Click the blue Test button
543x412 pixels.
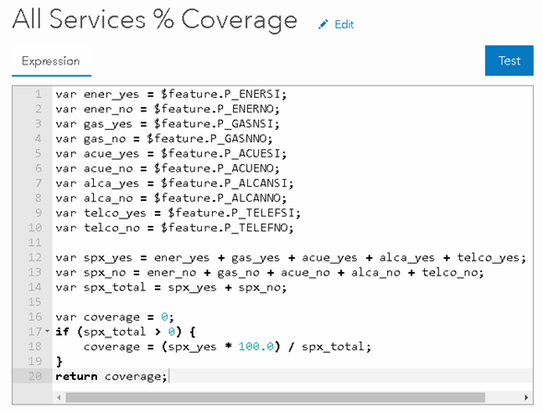click(509, 61)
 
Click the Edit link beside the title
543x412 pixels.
click(344, 25)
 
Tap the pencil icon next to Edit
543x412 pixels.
click(323, 24)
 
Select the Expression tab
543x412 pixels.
click(51, 61)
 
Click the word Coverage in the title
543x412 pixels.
click(239, 20)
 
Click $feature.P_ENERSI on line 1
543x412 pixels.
click(224, 94)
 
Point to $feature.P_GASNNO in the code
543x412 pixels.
click(209, 139)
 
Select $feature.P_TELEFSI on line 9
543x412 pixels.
click(234, 213)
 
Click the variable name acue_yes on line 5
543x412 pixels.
click(112, 154)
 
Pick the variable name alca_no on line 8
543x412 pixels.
click(108, 198)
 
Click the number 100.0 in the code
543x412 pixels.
click(256, 347)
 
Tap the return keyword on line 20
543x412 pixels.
click(77, 376)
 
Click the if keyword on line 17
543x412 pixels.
click(63, 332)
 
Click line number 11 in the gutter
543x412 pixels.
click(35, 242)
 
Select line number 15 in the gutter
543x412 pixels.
click(35, 302)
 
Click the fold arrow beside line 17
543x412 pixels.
click(47, 332)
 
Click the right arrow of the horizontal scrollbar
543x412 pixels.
click(526, 397)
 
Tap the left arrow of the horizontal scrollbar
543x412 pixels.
click(59, 397)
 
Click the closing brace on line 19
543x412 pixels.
click(59, 362)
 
